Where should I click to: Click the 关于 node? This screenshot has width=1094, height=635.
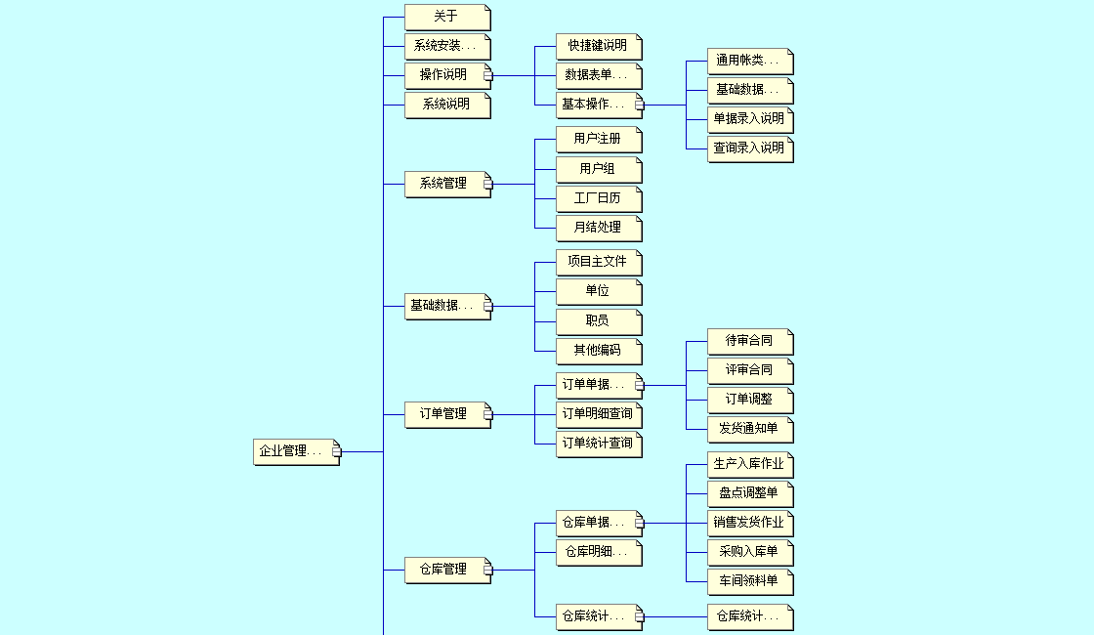tap(446, 17)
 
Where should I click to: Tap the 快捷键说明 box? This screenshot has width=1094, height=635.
tap(598, 46)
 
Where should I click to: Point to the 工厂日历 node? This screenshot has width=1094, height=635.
tap(598, 198)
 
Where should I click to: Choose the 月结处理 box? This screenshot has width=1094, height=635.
tap(598, 228)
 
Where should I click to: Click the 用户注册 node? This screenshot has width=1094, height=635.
tap(598, 139)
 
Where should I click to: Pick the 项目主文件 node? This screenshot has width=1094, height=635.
tap(598, 262)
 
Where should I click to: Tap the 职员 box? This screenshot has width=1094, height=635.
tap(598, 320)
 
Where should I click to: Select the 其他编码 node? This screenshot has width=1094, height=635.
tap(598, 350)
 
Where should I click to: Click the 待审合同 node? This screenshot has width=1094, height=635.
tap(749, 341)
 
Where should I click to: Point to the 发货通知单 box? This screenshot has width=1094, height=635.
tap(749, 429)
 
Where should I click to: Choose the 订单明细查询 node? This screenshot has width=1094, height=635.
tap(598, 414)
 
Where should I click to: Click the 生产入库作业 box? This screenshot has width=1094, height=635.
tap(749, 464)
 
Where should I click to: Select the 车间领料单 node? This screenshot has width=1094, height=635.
tap(749, 581)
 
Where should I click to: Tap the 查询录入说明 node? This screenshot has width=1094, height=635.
tap(749, 148)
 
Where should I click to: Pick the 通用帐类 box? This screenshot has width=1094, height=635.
tap(749, 61)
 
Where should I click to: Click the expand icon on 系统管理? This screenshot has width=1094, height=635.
tap(488, 184)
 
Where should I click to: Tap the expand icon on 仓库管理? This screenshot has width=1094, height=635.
tap(488, 570)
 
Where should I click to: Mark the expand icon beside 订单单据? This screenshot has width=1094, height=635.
tap(640, 385)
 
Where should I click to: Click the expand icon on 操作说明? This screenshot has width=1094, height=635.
tap(488, 75)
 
